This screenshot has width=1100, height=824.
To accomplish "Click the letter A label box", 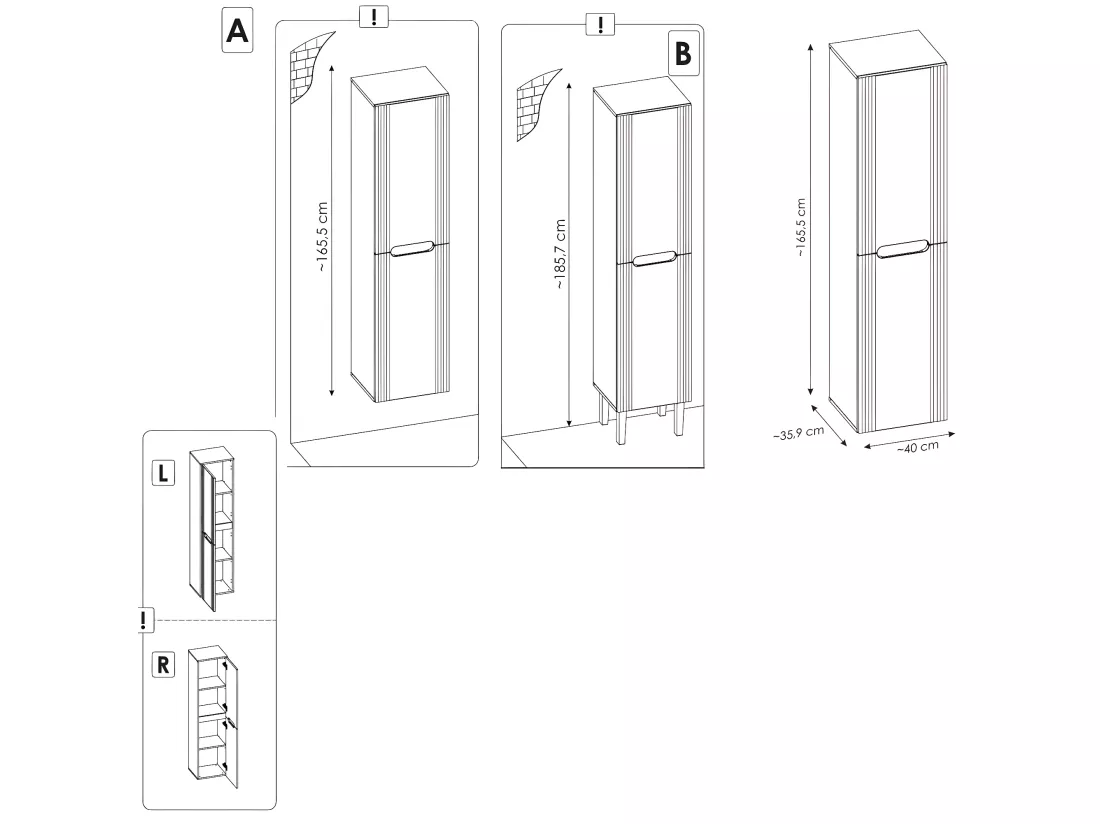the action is coord(237,30).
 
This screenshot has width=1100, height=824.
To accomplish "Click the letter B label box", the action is coord(683,53).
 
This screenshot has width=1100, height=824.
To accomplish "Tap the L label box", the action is coord(163,473).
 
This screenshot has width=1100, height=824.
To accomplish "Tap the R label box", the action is coord(163,664).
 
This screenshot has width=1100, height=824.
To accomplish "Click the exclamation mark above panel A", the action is coord(374,16).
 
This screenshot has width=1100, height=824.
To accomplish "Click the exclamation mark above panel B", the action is coord(601,25).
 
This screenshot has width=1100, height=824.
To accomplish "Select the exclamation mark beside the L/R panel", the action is coord(145,620).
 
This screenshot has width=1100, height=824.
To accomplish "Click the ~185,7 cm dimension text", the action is coord(559,255).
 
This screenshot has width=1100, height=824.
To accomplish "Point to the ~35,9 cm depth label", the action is coord(798,433).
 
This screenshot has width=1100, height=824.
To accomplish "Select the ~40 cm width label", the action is coord(918,447).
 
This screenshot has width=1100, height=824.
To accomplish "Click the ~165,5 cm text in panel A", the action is coord(321,237).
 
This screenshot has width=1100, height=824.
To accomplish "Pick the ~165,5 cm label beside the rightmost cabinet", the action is coord(800,227).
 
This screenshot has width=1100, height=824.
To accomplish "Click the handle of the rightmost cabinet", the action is coord(902,249).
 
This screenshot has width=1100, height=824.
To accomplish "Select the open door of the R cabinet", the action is coord(232,722).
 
